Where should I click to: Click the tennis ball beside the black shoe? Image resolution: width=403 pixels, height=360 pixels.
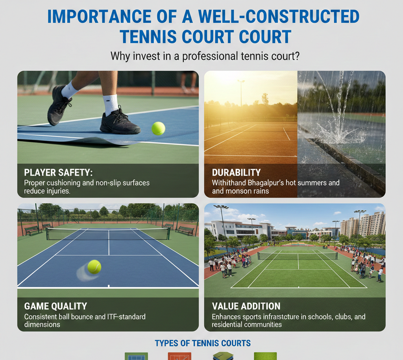158,128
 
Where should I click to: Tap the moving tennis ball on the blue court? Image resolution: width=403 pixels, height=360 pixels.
94,267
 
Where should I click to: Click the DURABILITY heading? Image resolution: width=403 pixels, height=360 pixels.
236,172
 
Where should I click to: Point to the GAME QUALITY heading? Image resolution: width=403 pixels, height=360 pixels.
55,306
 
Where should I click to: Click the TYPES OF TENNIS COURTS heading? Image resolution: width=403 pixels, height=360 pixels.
203,343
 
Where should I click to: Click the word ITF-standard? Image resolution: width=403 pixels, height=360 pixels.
125,317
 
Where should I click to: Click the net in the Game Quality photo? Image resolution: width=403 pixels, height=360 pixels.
108,234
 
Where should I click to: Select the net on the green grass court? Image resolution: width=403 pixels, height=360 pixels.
298,255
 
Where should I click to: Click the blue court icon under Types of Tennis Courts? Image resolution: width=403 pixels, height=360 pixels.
136,356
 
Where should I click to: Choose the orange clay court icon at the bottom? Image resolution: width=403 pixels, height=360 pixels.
179,356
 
